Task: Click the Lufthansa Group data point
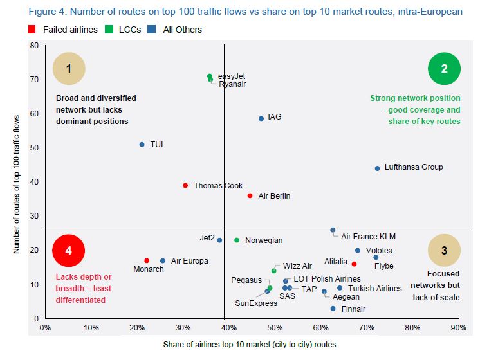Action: pos(377,168)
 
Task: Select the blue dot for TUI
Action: pos(142,145)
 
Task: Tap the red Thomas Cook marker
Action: pos(185,185)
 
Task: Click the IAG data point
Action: pos(261,118)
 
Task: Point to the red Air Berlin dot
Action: pos(250,195)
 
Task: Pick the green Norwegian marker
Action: pos(237,240)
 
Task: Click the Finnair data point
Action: pos(333,309)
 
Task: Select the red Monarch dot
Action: pos(147,260)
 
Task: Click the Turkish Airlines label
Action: pos(374,289)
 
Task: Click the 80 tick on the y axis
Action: pos(34,46)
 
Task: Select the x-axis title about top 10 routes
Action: pos(250,345)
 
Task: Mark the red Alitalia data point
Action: pos(354,264)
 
